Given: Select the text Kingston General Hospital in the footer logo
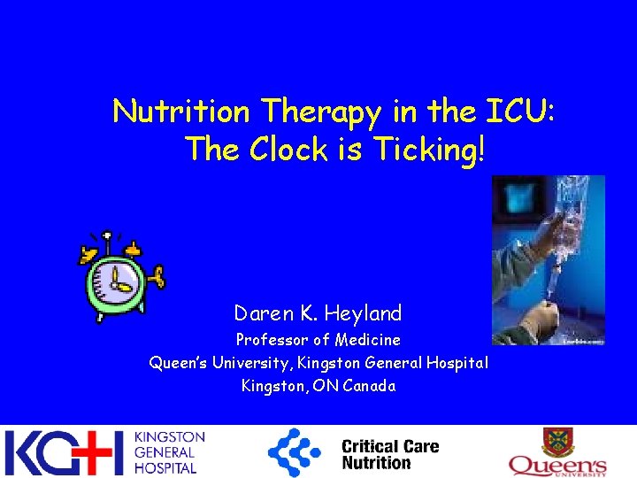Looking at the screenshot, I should coord(168,453).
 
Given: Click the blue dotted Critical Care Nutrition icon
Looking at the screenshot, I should coord(295,452).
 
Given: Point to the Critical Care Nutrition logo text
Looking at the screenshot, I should coord(389,454).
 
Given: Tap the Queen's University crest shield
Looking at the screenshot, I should coord(556,442).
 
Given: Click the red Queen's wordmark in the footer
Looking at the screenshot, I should coord(556,464).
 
